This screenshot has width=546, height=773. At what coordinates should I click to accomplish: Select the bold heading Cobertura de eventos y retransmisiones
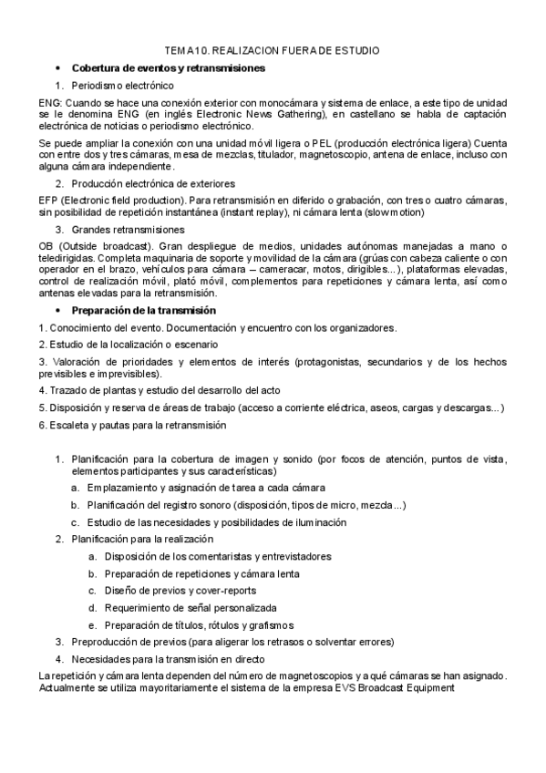coord(169,67)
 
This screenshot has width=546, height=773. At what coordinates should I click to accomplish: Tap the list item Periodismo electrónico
coord(122,85)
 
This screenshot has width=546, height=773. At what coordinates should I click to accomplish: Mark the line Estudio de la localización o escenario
coord(129,344)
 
